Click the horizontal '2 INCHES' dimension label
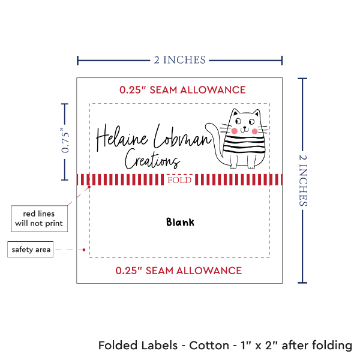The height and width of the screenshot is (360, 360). [x=179, y=59]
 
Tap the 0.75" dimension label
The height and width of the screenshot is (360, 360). [x=65, y=141]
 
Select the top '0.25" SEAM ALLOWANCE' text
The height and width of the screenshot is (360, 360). [x=182, y=90]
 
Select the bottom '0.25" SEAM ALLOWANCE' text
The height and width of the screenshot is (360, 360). [x=179, y=270]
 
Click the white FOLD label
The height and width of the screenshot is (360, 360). [x=180, y=179]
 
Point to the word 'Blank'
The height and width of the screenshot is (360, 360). [x=180, y=222]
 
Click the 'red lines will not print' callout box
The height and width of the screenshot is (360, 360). [x=37, y=219]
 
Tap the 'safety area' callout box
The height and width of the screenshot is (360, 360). [x=31, y=250]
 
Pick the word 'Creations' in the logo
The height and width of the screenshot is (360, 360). [x=152, y=160]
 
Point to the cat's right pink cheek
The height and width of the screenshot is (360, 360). [x=254, y=130]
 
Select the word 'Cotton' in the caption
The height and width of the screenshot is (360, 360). [x=209, y=346]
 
